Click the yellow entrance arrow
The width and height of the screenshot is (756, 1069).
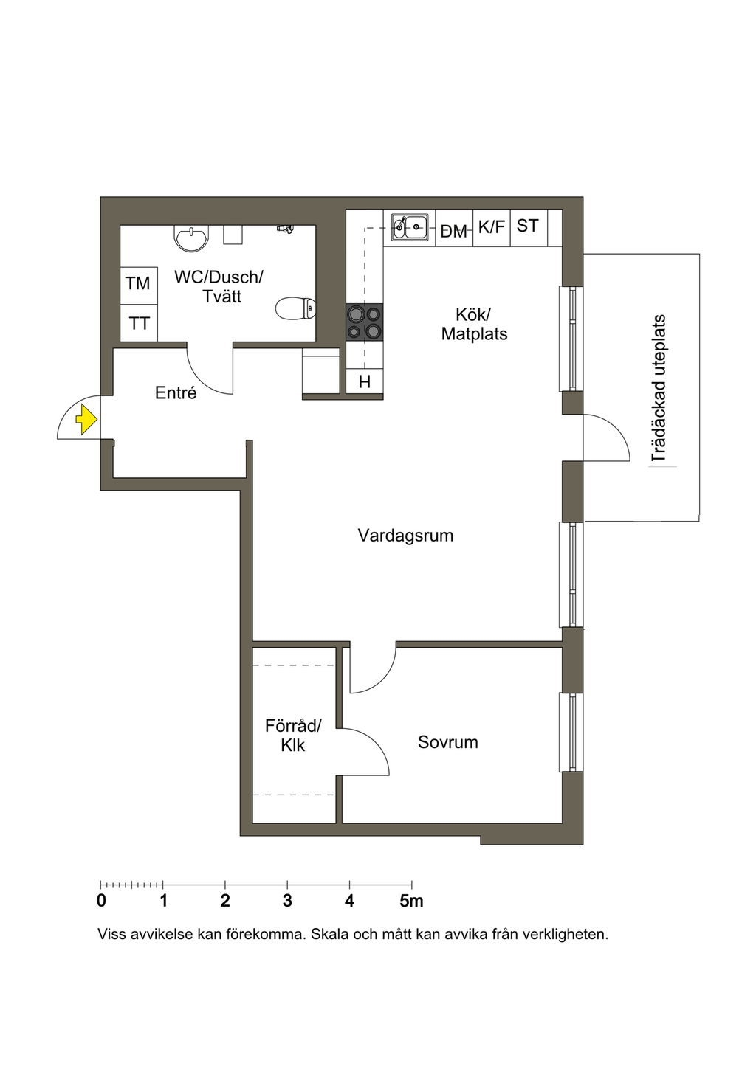click(86, 420)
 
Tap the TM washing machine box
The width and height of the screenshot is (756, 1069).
click(139, 286)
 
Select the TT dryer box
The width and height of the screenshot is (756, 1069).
click(139, 323)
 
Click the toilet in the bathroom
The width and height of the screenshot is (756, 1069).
click(296, 309)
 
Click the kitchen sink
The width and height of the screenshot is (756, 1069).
click(410, 227)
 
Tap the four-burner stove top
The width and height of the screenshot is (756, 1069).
click(365, 322)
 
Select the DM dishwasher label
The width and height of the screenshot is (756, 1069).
click(454, 232)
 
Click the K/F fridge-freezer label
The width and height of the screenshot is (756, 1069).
click(492, 227)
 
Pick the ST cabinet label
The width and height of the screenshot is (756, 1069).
click(528, 226)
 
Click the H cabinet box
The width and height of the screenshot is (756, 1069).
click(365, 381)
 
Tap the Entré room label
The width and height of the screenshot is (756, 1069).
click(176, 392)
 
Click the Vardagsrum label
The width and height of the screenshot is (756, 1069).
click(405, 536)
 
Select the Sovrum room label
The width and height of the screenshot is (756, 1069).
click(447, 742)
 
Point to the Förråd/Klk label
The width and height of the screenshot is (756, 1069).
click(293, 736)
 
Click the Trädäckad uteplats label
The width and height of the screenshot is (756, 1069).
click(659, 388)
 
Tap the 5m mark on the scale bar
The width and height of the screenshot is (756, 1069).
click(412, 902)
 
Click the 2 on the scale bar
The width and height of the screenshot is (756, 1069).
click(225, 901)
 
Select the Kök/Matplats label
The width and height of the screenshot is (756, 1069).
click(474, 325)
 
